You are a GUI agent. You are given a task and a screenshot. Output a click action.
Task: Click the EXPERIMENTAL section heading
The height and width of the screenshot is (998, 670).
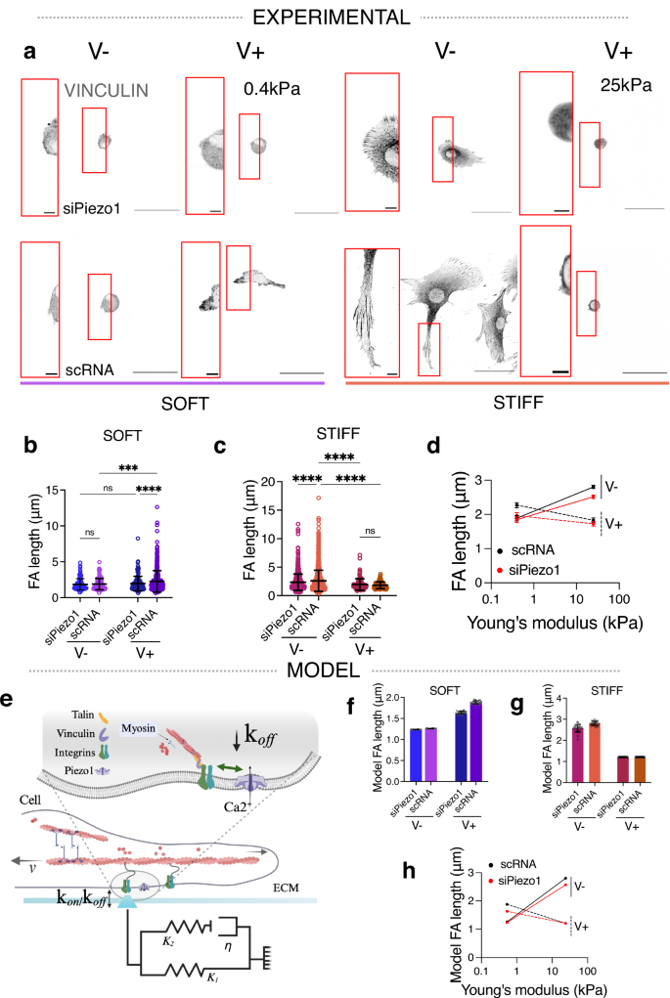point(334,17)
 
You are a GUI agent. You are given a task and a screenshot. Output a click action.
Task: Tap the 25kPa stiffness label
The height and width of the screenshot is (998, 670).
point(626,84)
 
